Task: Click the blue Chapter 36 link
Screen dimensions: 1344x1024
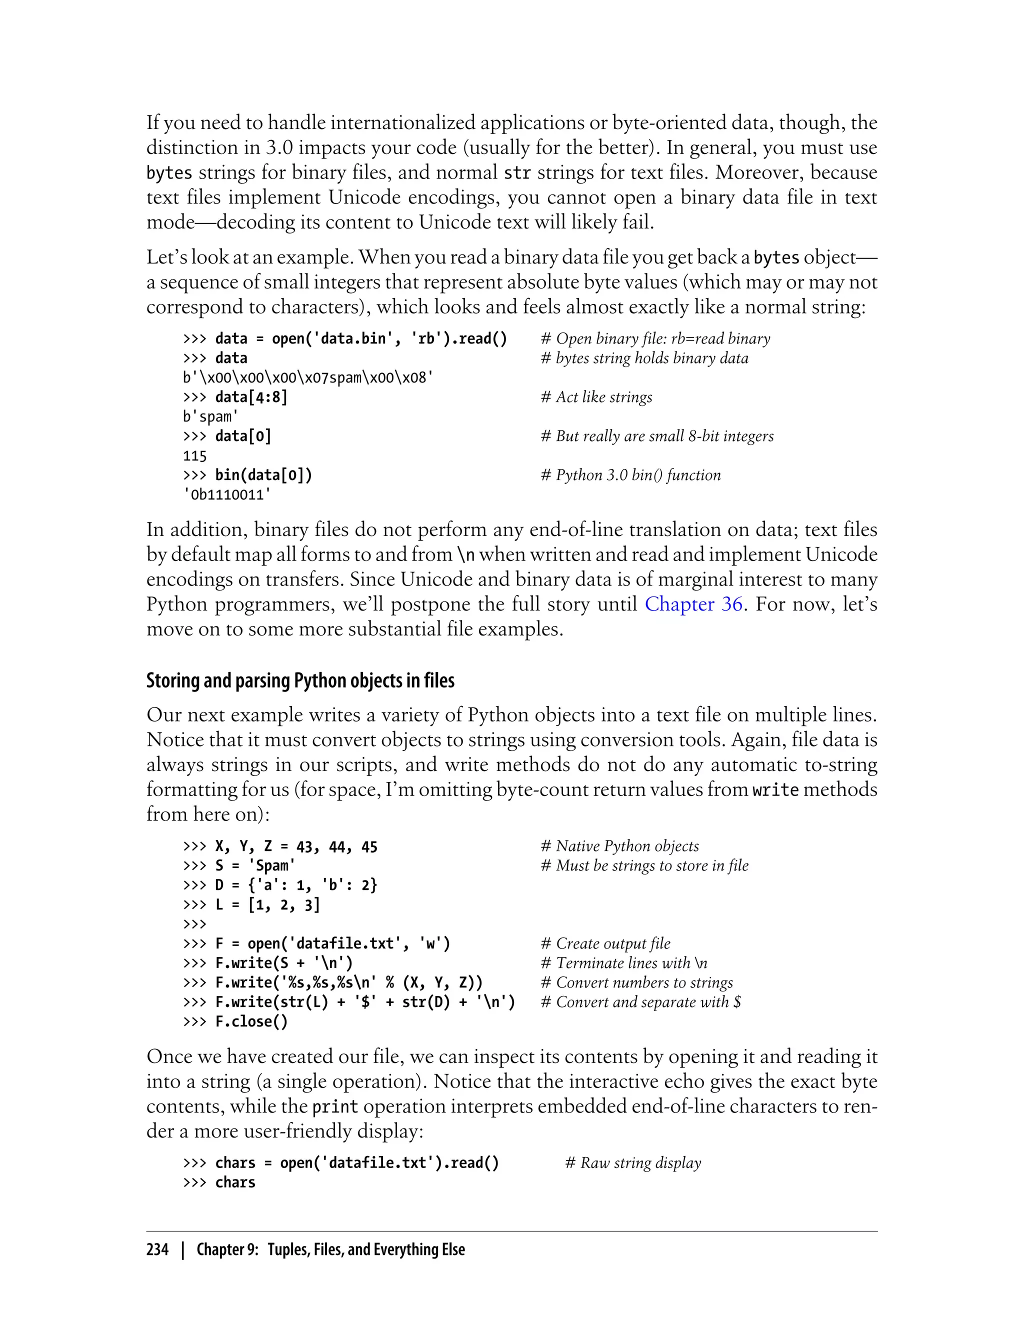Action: click(x=693, y=604)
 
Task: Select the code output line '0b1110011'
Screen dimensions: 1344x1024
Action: click(x=226, y=494)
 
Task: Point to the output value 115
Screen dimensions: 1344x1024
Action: click(x=195, y=456)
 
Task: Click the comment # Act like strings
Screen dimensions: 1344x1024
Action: click(x=596, y=397)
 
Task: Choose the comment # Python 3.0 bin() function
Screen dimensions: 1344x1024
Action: click(x=630, y=475)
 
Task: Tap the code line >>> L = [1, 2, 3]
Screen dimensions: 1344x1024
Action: click(x=251, y=904)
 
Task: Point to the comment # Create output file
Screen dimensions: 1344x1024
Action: click(x=605, y=943)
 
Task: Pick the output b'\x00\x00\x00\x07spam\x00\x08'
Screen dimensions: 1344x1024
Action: click(x=308, y=378)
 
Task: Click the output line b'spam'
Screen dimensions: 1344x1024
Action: click(x=210, y=417)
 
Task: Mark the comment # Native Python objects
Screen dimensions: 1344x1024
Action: click(x=619, y=846)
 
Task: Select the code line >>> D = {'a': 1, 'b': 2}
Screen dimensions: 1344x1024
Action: click(x=280, y=885)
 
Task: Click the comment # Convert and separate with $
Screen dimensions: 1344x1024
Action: click(x=640, y=1002)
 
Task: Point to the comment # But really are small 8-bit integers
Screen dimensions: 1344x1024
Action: click(x=657, y=436)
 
